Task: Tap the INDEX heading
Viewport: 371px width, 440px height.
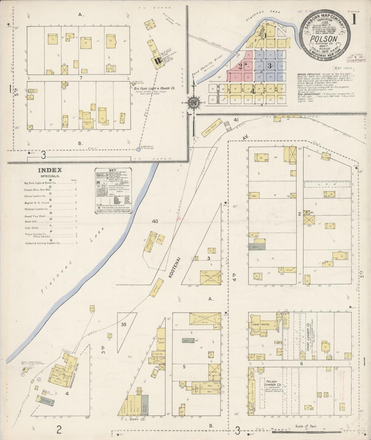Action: pos(50,170)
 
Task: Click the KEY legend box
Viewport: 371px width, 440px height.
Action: pos(113,190)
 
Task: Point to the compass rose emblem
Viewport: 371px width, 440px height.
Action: pos(193,103)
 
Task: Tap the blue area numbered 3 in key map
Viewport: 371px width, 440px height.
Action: pos(269,66)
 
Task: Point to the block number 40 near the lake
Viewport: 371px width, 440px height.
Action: pos(155,221)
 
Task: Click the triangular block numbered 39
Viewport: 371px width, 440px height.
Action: pos(123,324)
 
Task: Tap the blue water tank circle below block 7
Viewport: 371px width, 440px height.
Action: pos(138,149)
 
